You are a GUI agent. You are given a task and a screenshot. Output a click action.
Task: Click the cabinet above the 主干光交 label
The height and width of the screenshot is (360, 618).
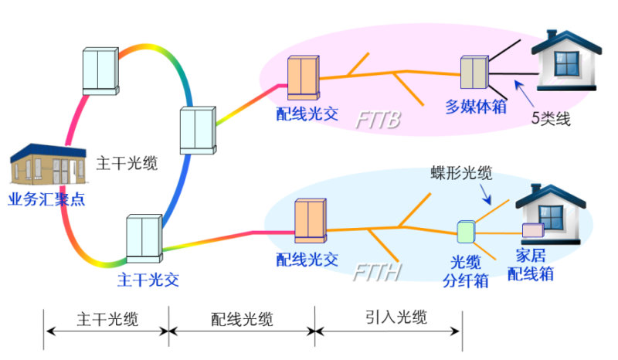click(x=143, y=237)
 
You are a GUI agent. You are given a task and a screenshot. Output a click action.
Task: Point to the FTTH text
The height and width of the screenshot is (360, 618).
click(x=377, y=272)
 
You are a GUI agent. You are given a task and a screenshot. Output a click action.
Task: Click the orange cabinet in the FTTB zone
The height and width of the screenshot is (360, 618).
click(x=302, y=80)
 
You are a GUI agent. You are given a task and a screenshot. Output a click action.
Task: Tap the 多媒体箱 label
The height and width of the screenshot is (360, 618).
click(x=477, y=107)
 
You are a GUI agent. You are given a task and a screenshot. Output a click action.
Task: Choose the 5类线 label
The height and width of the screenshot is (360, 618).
click(x=552, y=119)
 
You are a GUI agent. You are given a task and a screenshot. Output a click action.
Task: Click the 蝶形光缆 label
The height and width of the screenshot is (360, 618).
click(x=461, y=172)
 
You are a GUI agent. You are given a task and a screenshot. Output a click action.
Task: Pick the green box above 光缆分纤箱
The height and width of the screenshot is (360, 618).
click(x=464, y=232)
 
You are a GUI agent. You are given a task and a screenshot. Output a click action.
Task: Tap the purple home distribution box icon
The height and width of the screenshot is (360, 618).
click(x=532, y=230)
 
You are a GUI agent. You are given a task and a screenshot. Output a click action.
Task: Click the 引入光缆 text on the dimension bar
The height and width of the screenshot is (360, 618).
click(x=396, y=317)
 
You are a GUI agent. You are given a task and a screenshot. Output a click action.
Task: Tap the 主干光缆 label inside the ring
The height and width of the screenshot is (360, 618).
click(x=127, y=163)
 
